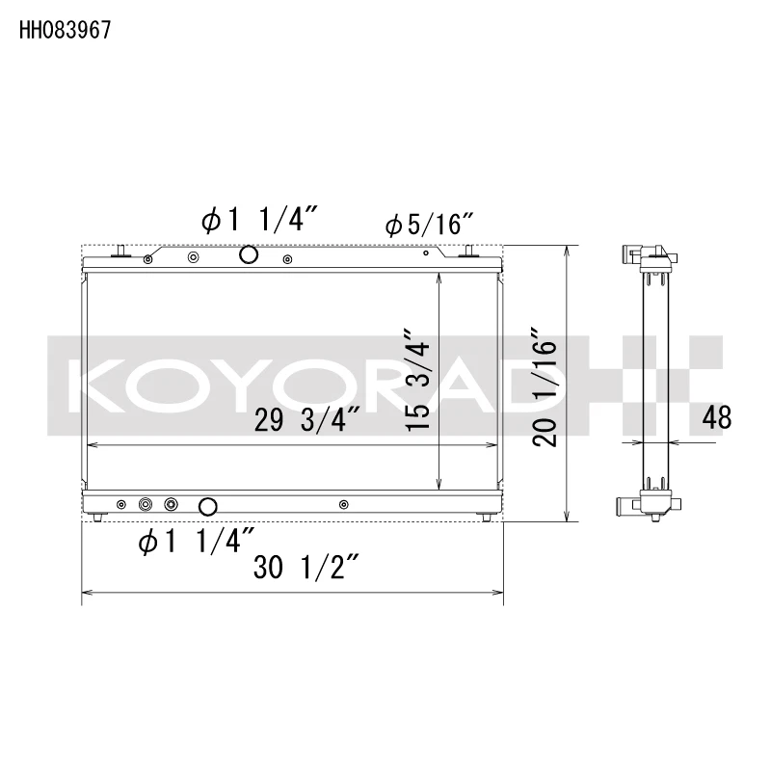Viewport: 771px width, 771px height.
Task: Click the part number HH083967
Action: point(66,30)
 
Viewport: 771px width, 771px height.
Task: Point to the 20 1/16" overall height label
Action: point(545,391)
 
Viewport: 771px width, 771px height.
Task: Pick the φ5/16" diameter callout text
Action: point(428,226)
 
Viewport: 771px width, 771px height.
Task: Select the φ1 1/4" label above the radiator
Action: point(253,221)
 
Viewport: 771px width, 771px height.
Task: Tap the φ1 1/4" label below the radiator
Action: point(197,543)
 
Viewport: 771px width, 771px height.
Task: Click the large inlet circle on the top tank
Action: point(248,255)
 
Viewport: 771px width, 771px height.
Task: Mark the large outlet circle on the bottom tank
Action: point(207,506)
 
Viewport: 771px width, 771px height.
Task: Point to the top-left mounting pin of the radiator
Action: point(120,252)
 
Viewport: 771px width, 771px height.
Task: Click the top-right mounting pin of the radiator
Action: point(469,252)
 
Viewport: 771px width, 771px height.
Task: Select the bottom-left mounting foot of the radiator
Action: point(99,518)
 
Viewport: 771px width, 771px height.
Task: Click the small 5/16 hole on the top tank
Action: point(426,255)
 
